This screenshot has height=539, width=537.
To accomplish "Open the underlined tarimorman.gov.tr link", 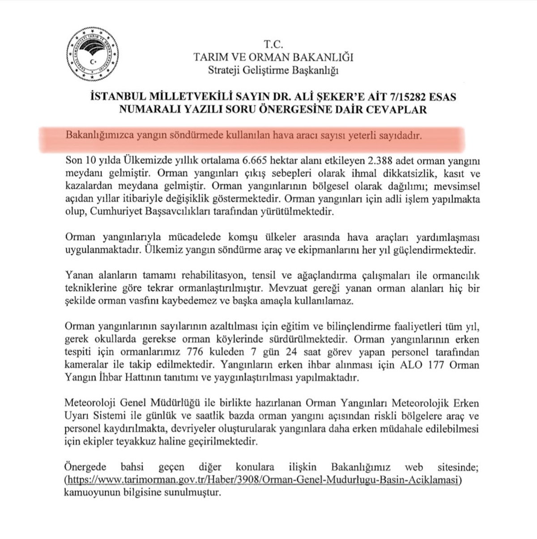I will click(x=264, y=480).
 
